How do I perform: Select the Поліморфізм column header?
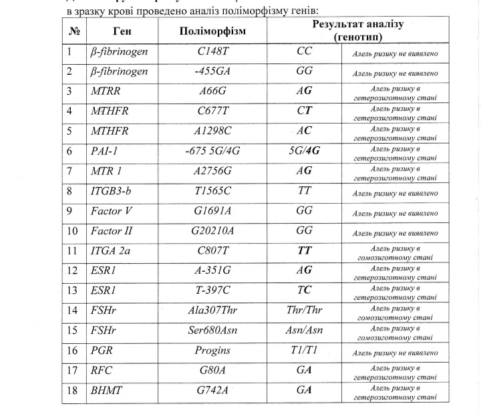click(x=213, y=31)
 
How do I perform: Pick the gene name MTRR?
click(x=104, y=91)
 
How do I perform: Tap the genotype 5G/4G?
click(x=304, y=151)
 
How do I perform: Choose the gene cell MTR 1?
click(x=106, y=171)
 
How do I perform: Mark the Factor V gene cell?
click(x=111, y=212)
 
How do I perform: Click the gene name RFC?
click(x=101, y=371)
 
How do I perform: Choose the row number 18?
click(x=72, y=391)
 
